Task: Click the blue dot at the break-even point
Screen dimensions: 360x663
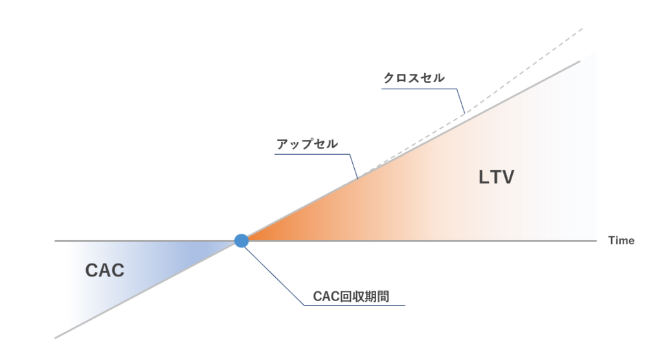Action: [242, 241]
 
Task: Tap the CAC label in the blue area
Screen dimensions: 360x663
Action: [105, 271]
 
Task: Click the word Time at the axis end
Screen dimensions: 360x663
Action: [621, 241]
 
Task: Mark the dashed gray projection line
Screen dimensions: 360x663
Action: [518, 72]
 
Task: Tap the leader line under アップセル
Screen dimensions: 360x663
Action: [311, 154]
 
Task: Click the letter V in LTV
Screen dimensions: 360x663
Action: [506, 177]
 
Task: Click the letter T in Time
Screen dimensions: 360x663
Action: [611, 241]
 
